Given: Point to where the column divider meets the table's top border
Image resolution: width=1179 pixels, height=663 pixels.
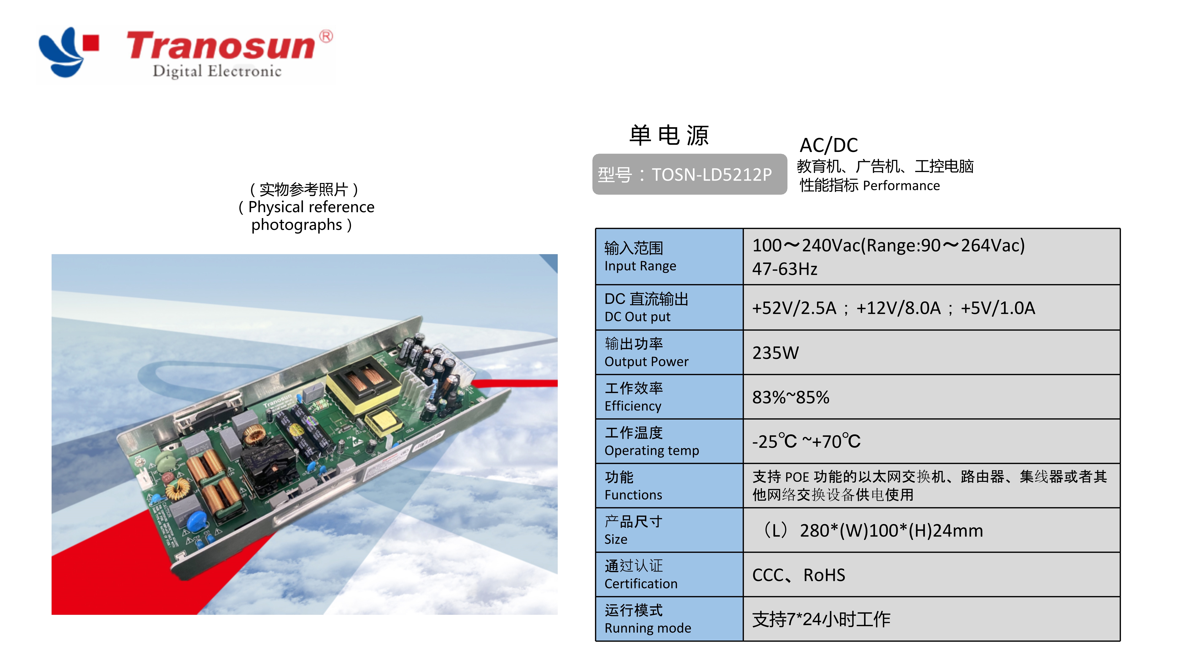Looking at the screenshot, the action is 743,228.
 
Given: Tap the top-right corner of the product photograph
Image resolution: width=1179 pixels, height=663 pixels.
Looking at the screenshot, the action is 557,254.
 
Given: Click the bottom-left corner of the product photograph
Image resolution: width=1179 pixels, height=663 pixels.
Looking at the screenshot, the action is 52,614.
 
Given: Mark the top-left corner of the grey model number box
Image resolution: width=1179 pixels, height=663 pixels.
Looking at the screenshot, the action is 593,154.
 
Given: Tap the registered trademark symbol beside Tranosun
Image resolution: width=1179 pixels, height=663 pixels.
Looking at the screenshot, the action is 326,37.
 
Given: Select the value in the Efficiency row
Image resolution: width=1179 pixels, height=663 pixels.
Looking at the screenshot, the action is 790,397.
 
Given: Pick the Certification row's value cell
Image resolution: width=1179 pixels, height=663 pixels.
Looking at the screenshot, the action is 931,575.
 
